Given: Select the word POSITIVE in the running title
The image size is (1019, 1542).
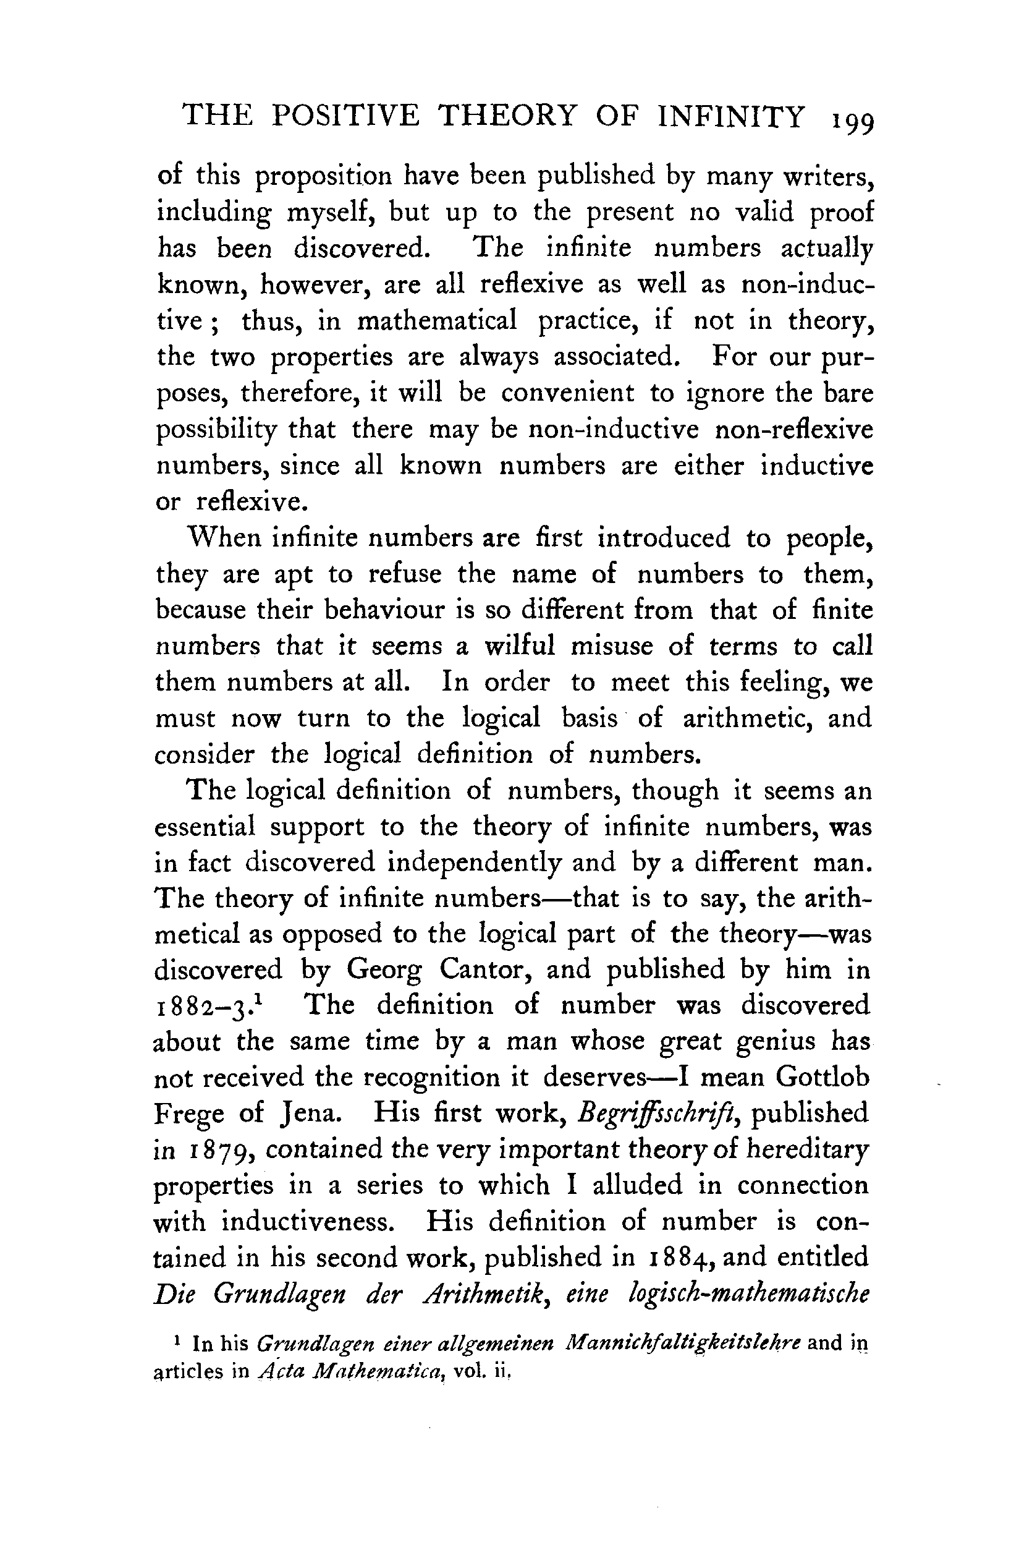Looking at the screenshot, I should point(345,116).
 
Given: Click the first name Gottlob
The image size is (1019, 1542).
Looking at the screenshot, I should point(822,1077).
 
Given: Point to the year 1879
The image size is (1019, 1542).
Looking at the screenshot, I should point(221,1150).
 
